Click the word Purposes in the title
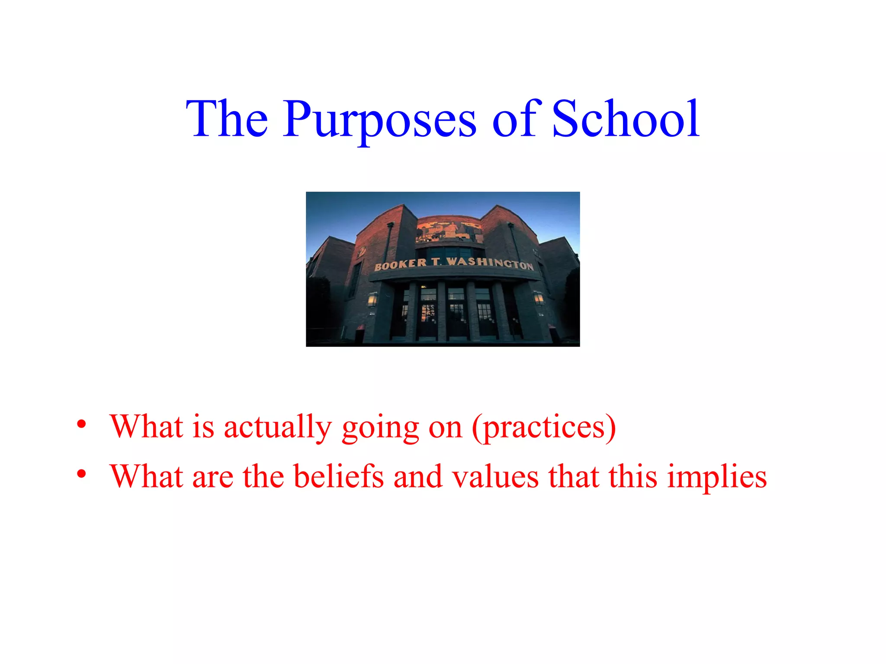380,119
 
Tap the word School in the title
626,118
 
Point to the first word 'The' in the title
227,118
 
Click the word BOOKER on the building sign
401,264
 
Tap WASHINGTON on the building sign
490,262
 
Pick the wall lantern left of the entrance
372,299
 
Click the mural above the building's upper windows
449,229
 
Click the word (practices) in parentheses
544,427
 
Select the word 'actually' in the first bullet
277,427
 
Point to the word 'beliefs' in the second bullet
339,476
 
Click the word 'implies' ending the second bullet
717,477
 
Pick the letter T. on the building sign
437,262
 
